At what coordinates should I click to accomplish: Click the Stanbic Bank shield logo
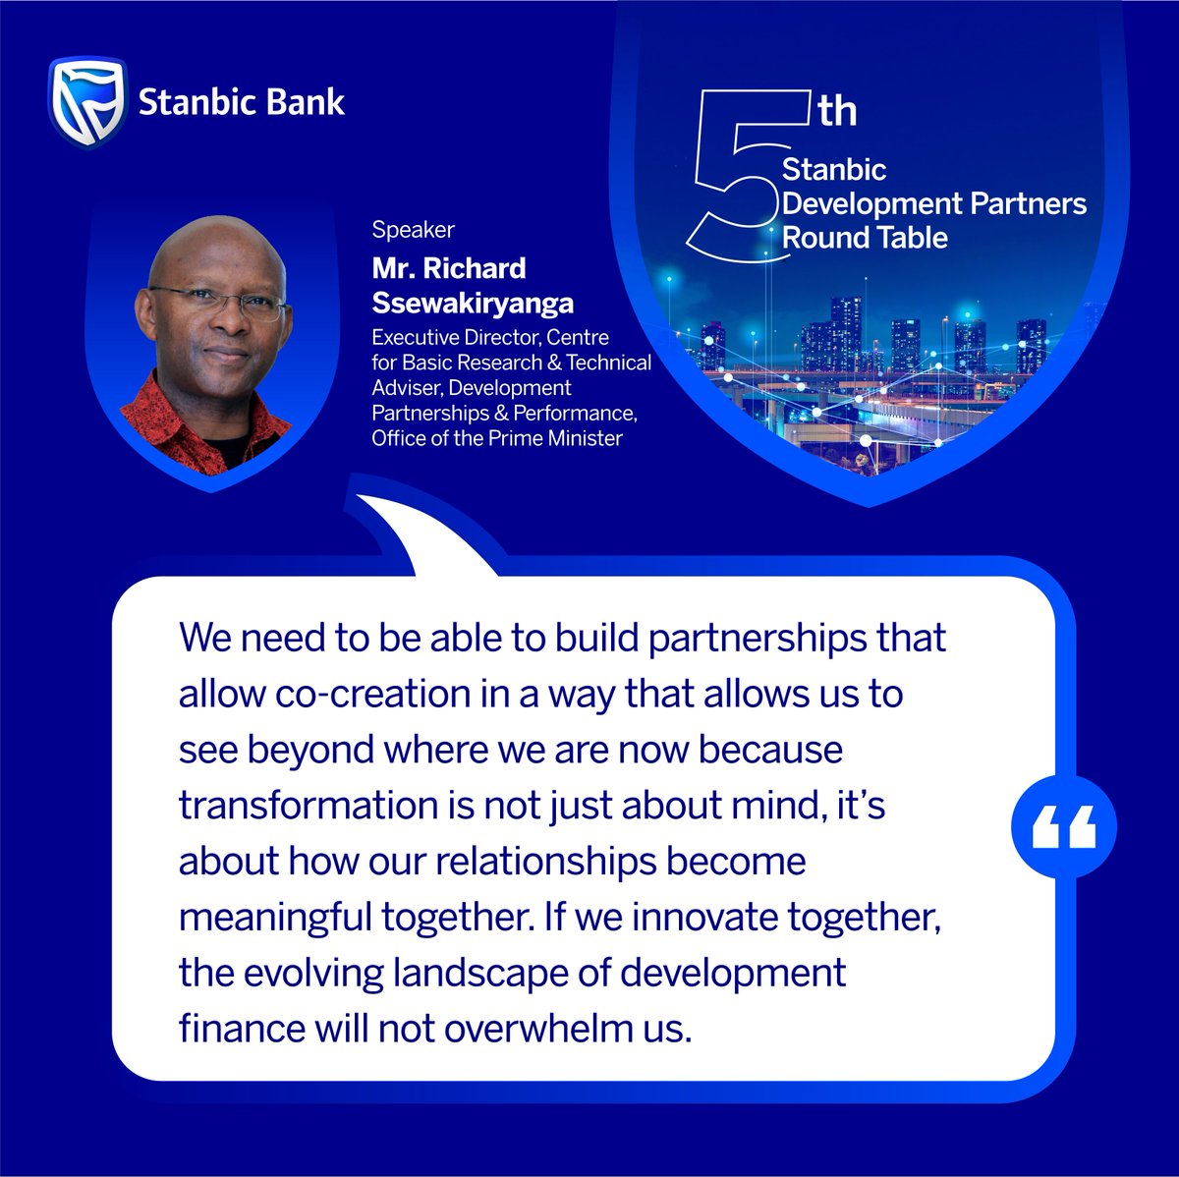87,102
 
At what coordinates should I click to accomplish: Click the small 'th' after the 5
837,111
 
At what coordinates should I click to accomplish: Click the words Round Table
865,238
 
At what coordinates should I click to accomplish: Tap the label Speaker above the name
413,230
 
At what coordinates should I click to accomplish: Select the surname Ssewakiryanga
472,303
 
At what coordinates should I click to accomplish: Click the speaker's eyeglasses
218,303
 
